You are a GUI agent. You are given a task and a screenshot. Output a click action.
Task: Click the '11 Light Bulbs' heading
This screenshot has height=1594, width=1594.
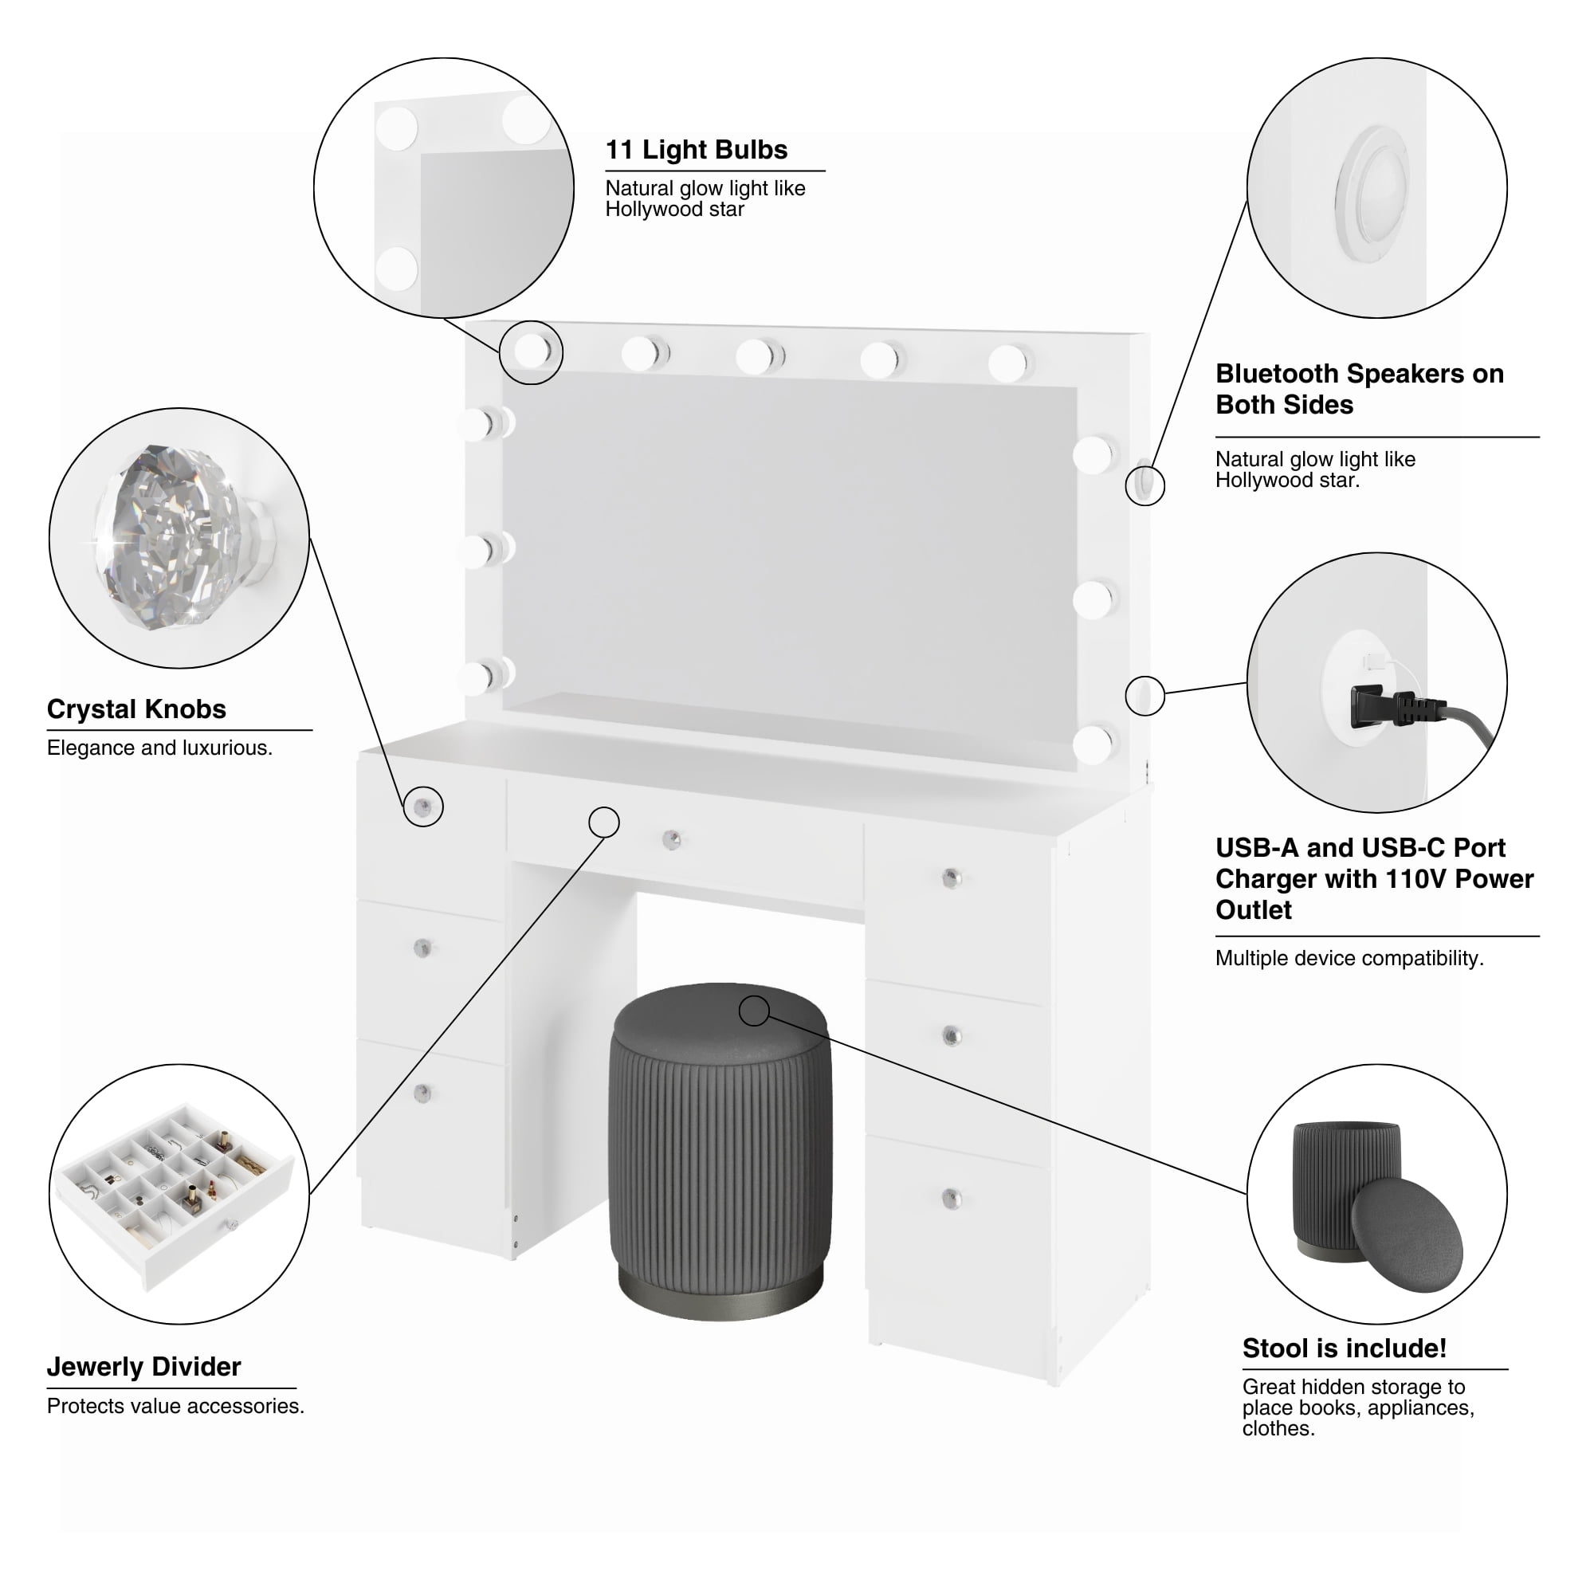click(697, 149)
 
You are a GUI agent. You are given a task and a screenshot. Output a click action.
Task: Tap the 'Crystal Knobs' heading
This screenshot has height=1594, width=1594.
click(136, 709)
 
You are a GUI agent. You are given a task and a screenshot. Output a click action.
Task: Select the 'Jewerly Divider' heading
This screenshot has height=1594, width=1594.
click(143, 1366)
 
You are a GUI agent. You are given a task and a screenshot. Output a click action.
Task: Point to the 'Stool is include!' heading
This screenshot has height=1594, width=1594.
click(1344, 1349)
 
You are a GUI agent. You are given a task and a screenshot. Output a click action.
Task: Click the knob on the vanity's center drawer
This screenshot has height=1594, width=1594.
click(673, 840)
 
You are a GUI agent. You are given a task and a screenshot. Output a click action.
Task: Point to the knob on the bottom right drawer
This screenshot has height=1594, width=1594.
click(952, 1198)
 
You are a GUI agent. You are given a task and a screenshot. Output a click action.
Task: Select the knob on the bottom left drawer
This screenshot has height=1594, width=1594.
click(422, 1093)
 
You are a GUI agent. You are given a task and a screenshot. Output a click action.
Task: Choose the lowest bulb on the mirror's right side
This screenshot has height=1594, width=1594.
click(1094, 744)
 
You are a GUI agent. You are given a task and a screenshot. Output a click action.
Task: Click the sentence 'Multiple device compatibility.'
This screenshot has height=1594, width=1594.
click(1349, 958)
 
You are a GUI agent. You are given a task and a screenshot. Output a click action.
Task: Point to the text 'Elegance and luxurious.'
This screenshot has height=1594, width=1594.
click(159, 748)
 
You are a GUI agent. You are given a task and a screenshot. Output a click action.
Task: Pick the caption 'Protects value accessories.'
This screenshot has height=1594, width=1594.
click(175, 1406)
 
